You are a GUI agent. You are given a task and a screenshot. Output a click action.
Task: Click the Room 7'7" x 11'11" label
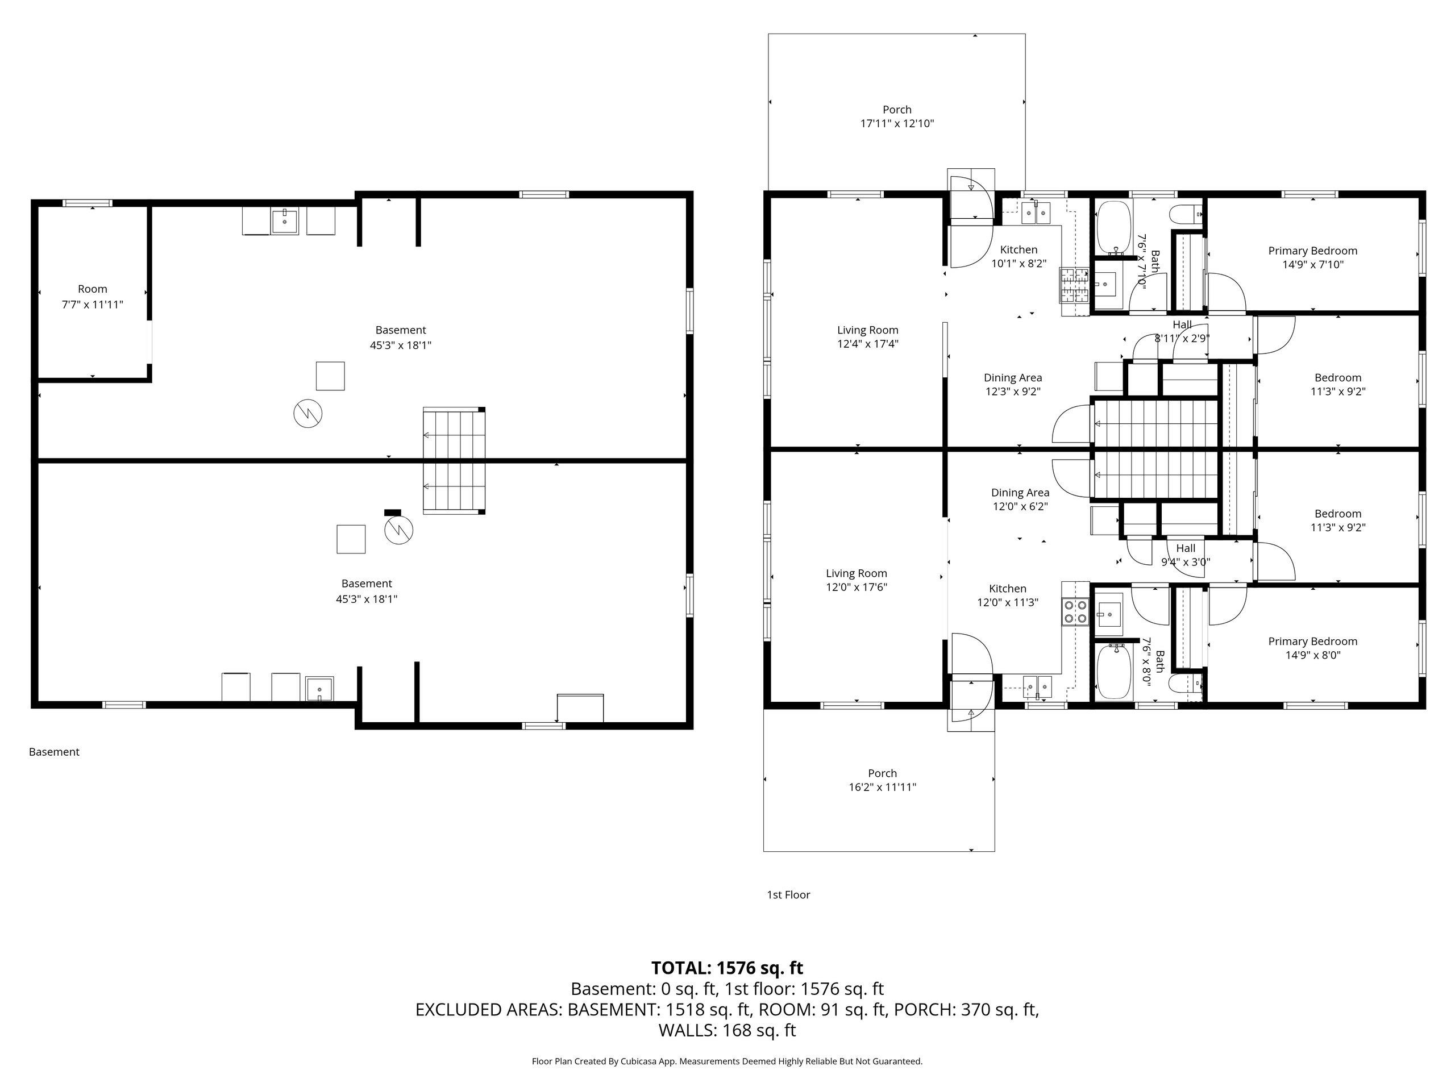tap(92, 297)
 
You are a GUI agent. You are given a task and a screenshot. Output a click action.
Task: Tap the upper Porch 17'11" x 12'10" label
tap(897, 116)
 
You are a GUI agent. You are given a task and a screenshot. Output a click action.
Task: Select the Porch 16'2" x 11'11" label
tap(882, 780)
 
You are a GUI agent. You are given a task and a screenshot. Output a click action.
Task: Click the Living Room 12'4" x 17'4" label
tap(868, 337)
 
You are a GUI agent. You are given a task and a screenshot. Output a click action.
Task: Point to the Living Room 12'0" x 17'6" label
tap(857, 580)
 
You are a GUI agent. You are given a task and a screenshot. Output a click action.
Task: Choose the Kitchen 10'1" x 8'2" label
tap(1019, 256)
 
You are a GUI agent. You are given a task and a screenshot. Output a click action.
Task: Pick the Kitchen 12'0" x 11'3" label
tap(1008, 595)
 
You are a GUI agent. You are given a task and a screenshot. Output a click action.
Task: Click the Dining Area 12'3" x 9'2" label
tap(1013, 385)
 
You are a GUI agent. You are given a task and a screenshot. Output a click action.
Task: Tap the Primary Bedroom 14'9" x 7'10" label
tap(1313, 258)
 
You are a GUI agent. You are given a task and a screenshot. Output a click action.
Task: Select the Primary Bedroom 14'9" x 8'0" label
tap(1313, 648)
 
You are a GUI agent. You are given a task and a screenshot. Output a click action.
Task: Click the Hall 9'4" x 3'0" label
tap(1186, 555)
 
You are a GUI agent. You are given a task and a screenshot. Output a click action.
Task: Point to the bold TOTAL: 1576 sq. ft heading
tap(727, 968)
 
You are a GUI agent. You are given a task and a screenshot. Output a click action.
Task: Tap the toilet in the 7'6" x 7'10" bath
tap(1187, 214)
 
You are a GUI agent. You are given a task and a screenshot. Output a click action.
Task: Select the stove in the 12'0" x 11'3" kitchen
tap(1075, 611)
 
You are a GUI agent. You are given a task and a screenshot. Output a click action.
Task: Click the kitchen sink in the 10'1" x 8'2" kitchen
tap(1036, 213)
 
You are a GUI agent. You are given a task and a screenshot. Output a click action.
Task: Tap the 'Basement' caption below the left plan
tap(54, 752)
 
